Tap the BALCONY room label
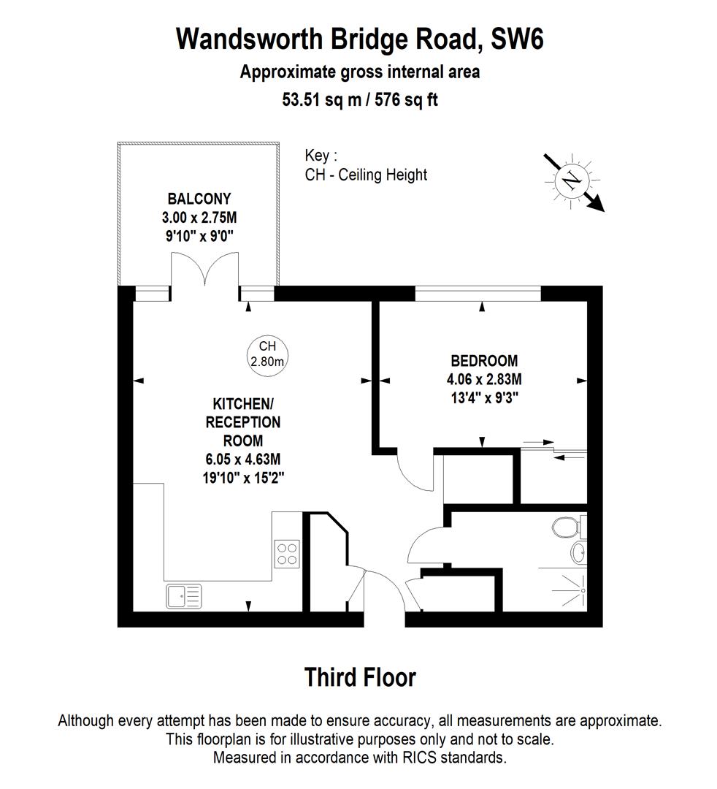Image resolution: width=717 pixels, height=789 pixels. pos(199,199)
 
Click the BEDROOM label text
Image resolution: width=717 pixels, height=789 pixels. pos(484,360)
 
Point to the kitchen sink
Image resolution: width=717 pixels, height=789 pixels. pos(183,596)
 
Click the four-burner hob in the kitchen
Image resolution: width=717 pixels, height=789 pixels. pos(285,553)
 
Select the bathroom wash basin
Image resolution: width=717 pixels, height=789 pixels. pos(578,553)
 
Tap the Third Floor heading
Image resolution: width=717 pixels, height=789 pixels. pos(360,677)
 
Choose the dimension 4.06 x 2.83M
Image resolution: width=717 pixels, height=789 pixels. pos(484,379)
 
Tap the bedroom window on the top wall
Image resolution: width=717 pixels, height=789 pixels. pos(478,294)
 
